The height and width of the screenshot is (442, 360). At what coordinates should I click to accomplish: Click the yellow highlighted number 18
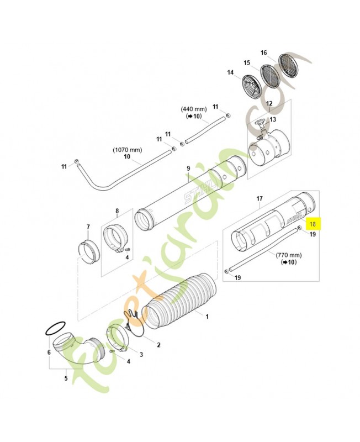[313, 224]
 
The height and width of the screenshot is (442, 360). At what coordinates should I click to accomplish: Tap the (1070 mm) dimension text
[128, 150]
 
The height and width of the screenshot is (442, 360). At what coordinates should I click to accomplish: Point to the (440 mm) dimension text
[193, 109]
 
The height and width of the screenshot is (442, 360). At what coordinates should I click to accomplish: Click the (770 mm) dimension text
[288, 255]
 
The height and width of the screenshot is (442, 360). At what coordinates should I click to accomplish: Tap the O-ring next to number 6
[55, 329]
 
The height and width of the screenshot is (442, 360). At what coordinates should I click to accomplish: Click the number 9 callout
[188, 168]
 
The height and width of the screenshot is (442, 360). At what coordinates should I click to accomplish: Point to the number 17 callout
[260, 198]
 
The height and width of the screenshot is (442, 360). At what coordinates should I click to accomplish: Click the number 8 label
[117, 211]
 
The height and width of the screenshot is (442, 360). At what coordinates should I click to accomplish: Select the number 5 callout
[66, 378]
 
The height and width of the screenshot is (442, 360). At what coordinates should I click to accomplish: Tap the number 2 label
[158, 345]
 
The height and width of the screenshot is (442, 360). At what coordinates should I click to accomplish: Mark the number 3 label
[141, 354]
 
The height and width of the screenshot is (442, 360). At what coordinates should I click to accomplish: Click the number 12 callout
[269, 103]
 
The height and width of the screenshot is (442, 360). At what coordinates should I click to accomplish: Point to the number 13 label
[272, 119]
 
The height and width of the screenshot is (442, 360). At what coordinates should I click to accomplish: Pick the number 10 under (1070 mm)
[128, 157]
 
